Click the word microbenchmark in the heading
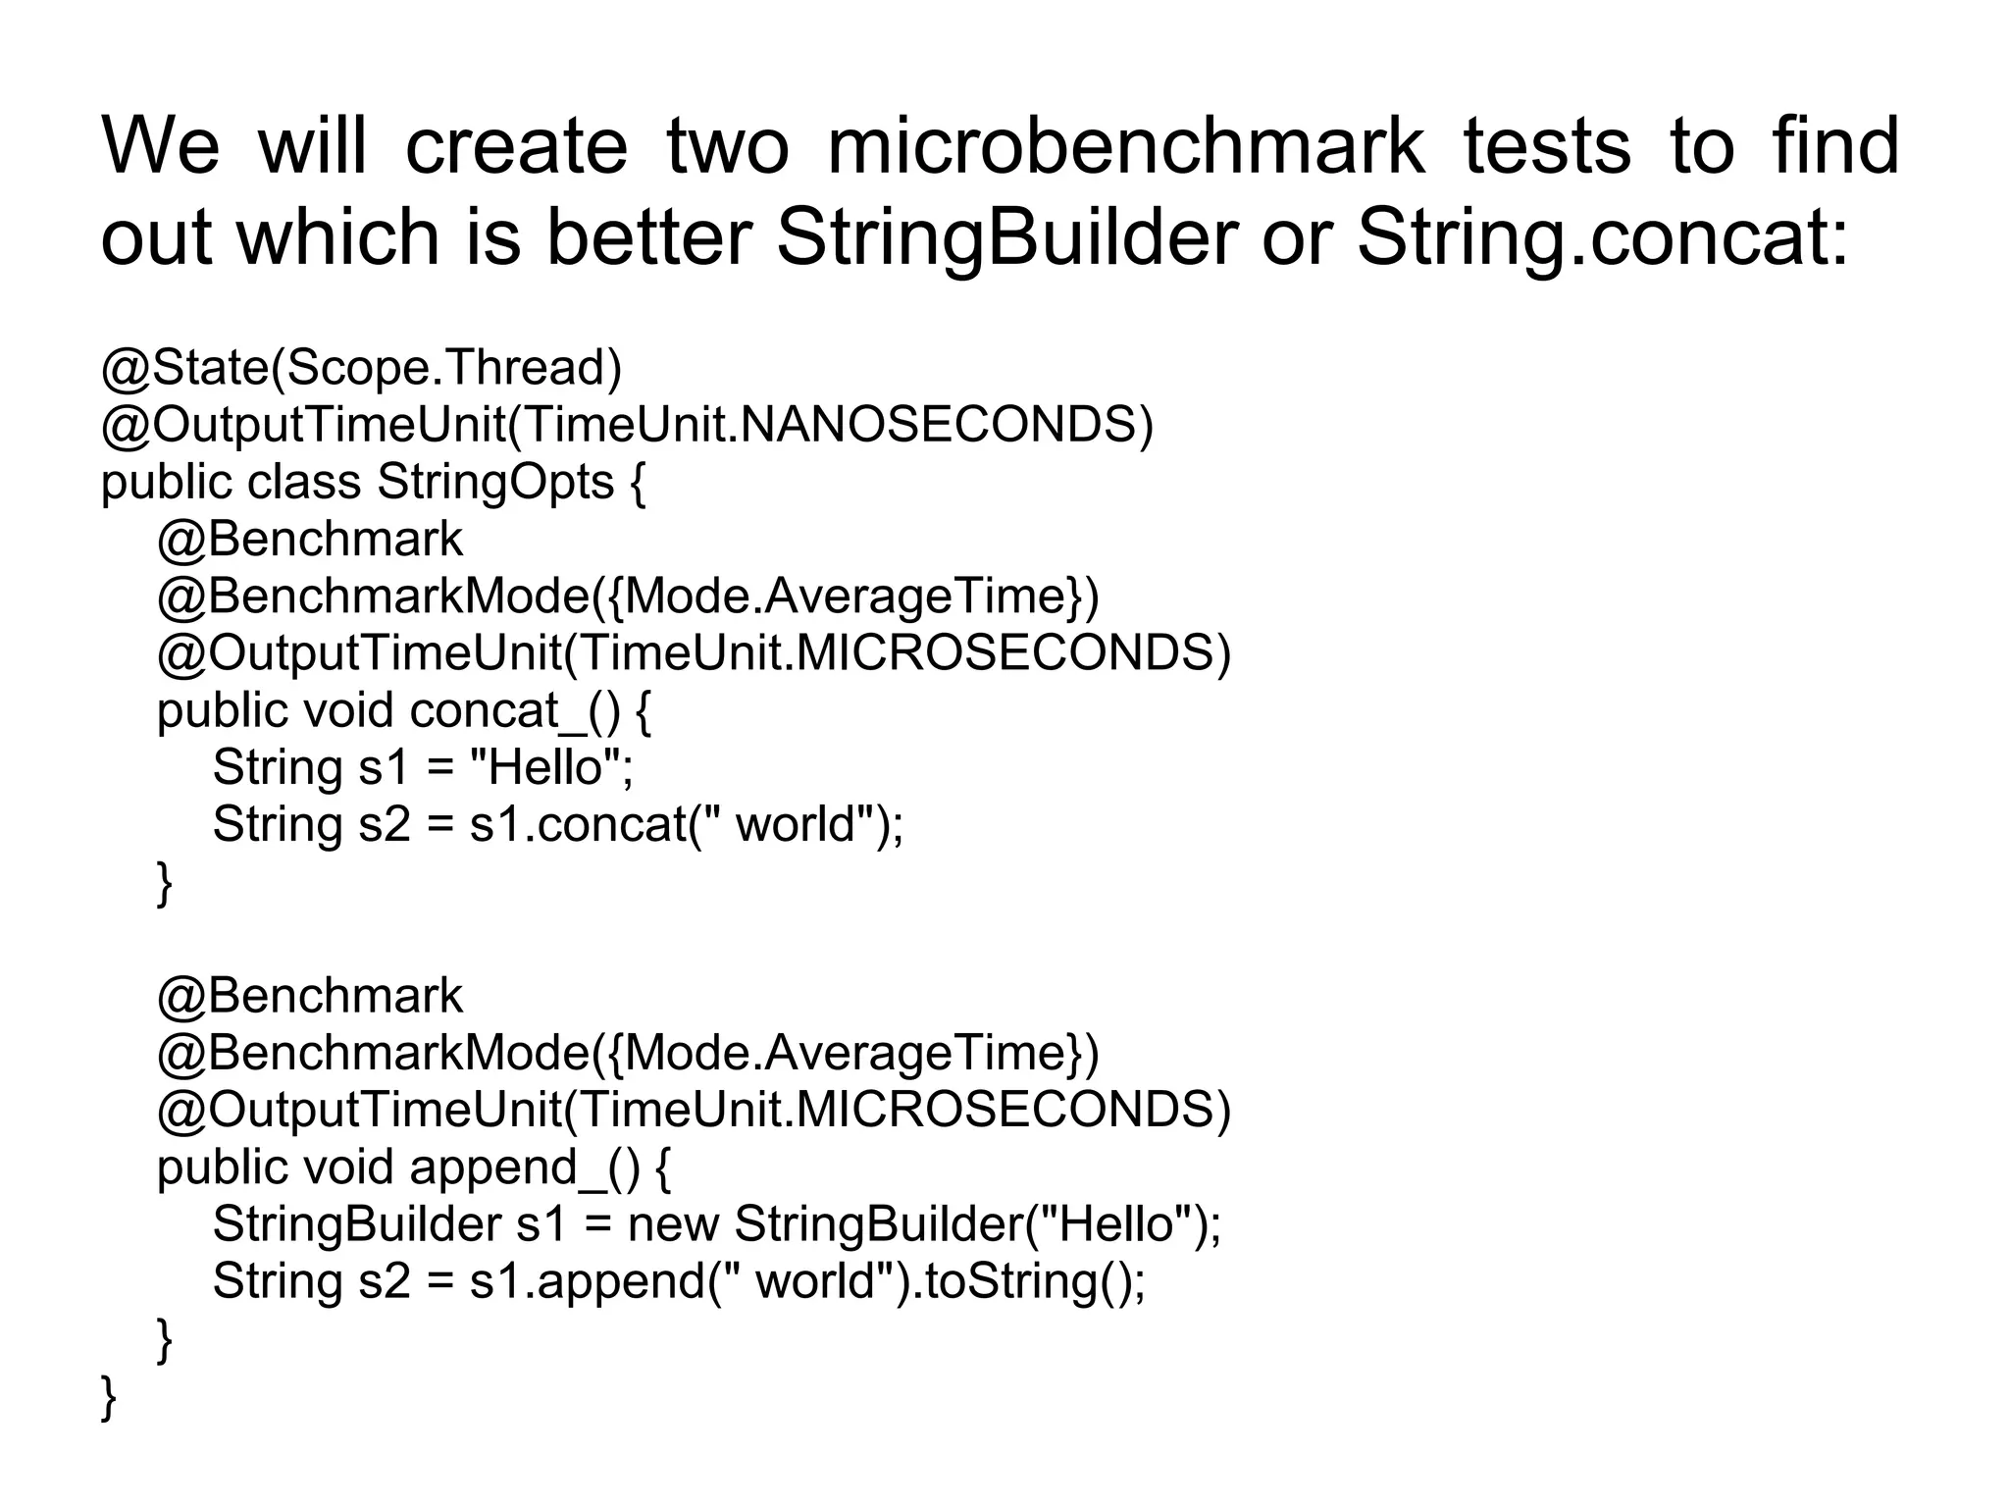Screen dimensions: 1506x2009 tap(1125, 147)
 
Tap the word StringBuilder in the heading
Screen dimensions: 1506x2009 tap(1006, 237)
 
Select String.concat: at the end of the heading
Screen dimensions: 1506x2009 tap(1603, 237)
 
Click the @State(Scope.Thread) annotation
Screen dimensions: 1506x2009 tap(361, 368)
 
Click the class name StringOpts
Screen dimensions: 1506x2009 tap(495, 482)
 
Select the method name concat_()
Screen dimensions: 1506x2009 tap(514, 710)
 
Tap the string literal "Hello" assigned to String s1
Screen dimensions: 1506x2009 tap(545, 767)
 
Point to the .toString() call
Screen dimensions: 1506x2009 tap(1024, 1281)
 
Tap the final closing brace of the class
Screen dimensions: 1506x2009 tap(108, 1397)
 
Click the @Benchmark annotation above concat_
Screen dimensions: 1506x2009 tap(309, 540)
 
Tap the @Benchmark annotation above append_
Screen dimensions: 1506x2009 tap(309, 996)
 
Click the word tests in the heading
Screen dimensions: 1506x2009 tap(1548, 147)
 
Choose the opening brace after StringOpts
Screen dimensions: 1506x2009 tap(637, 484)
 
